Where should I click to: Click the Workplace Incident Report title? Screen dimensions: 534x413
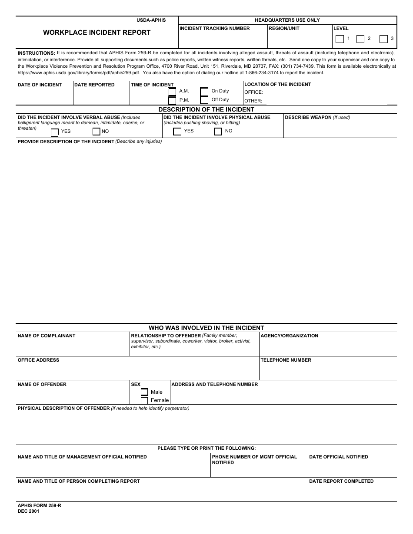(97, 33)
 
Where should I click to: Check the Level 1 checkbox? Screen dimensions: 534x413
(340, 39)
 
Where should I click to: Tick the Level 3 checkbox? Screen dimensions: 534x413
(383, 39)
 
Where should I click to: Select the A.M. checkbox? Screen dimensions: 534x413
(172, 92)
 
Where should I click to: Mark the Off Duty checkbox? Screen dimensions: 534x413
(204, 100)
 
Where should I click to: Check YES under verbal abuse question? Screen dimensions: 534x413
(55, 132)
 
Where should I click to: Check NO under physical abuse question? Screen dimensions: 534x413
(218, 132)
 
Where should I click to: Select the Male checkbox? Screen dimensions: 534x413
(144, 392)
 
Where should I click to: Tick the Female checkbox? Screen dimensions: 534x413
(144, 400)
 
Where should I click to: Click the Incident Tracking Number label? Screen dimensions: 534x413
(215, 29)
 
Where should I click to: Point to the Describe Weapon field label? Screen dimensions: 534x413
(317, 118)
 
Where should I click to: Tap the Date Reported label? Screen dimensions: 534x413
(94, 85)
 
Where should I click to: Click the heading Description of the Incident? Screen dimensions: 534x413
(206, 110)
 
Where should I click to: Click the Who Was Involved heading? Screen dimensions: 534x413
(206, 328)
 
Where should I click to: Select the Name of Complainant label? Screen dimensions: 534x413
(46, 336)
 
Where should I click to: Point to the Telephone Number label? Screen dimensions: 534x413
(286, 360)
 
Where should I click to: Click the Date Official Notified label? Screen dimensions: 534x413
(338, 457)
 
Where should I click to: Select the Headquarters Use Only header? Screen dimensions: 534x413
(287, 20)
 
